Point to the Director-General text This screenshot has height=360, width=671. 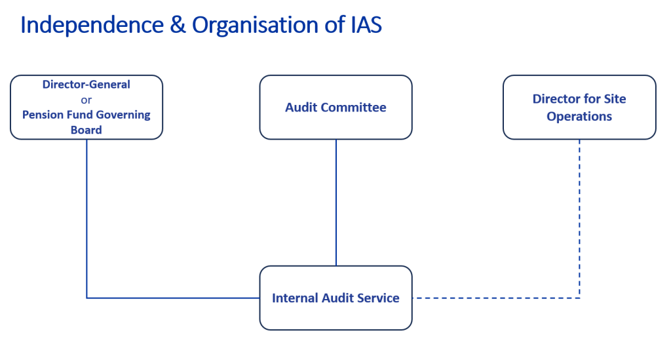(86, 85)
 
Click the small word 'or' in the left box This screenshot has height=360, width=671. (86, 100)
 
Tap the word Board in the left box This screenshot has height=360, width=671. (86, 130)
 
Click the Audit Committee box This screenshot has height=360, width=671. (335, 107)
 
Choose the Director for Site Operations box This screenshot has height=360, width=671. (579, 107)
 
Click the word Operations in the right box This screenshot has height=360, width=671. (579, 116)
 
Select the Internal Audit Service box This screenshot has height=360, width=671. (335, 298)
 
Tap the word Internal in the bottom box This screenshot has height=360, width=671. (295, 298)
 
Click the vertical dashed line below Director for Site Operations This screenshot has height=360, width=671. (579, 216)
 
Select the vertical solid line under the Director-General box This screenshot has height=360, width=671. (86, 216)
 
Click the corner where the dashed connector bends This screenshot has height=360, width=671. (579, 298)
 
